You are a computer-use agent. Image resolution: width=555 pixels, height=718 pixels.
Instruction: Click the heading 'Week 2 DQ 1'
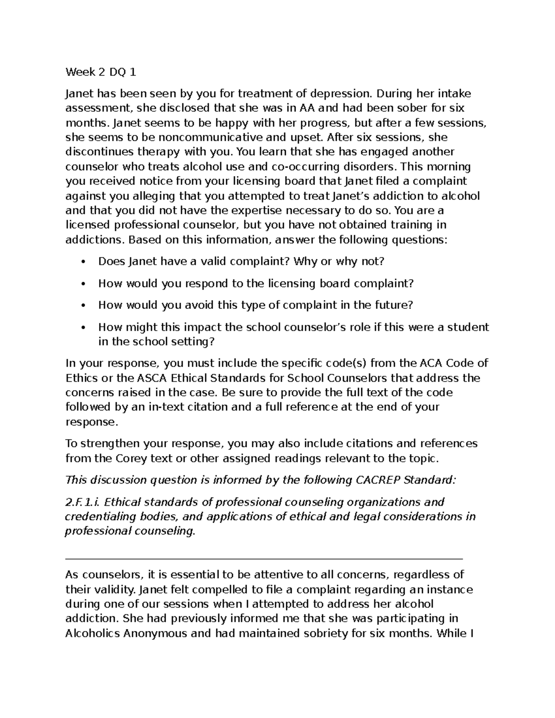click(101, 72)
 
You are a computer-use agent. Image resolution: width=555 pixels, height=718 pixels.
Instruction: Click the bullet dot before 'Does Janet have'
click(83, 262)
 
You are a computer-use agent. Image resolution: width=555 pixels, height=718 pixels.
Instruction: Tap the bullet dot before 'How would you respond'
click(83, 284)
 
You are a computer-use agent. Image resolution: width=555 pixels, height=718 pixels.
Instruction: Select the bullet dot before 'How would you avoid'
click(83, 306)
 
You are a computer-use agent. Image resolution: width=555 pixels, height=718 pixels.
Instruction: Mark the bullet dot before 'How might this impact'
click(83, 328)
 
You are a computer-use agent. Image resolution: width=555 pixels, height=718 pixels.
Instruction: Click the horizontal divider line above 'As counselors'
click(264, 559)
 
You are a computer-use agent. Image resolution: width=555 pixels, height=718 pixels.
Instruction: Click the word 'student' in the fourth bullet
click(467, 327)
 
